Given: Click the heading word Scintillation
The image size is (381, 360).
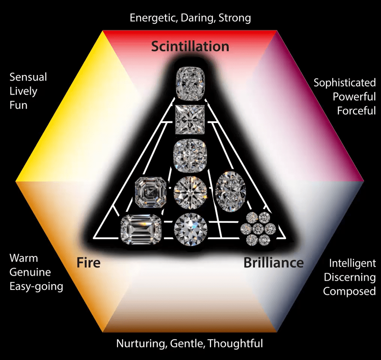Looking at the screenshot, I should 190,46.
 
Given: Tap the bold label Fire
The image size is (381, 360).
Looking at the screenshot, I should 88,263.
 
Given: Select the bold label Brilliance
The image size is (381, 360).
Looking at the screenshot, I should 274,263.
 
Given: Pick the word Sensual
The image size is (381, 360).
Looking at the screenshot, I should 28,77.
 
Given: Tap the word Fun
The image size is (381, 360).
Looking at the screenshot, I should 18,105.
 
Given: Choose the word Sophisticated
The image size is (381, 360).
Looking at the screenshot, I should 344,83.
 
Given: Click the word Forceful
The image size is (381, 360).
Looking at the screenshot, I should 356,111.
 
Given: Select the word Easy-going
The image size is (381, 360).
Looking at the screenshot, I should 36,286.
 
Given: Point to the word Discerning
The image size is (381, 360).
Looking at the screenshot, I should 350,277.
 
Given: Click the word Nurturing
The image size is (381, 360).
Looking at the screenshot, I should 139,344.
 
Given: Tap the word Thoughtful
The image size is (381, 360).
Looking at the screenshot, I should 235,344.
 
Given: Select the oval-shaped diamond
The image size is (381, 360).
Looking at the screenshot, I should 228,189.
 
